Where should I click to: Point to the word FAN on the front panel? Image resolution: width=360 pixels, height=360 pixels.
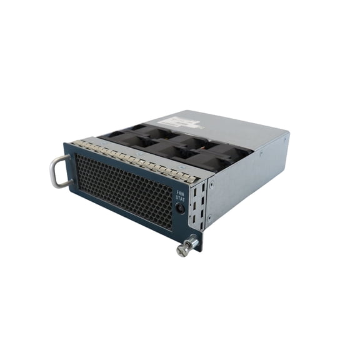(x=181, y=194)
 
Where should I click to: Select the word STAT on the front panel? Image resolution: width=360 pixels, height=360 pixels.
(x=181, y=200)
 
